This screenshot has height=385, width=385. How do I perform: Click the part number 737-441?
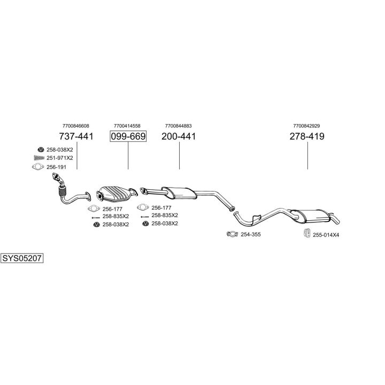(75, 136)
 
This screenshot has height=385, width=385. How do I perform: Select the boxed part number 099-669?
(128, 136)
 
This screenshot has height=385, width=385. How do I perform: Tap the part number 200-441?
(179, 136)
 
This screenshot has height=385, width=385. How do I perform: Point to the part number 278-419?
(307, 136)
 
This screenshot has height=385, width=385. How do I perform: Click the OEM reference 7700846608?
(75, 126)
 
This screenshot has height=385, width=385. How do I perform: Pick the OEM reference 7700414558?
(127, 126)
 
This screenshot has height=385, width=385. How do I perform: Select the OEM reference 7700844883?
(179, 126)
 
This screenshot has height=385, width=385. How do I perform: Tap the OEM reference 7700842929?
(307, 126)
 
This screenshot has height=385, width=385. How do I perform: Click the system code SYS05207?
(22, 258)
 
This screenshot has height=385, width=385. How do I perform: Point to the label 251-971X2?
(59, 158)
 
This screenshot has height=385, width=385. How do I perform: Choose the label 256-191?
(56, 167)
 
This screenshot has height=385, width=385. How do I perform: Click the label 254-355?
(250, 234)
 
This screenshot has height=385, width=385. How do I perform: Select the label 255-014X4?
(326, 234)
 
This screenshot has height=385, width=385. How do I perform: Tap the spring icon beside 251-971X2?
(38, 158)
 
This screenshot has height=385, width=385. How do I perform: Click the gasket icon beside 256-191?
(37, 167)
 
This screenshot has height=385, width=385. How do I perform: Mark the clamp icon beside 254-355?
(232, 234)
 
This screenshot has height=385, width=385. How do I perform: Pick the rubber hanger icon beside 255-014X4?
(308, 233)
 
